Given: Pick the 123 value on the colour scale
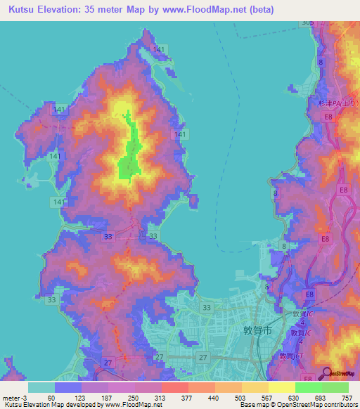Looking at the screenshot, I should tap(79, 397).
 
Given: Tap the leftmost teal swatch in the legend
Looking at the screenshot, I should tap(41, 387).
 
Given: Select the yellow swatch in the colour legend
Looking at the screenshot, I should tap(281, 387).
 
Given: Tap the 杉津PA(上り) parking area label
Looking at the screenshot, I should tap(334, 102).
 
